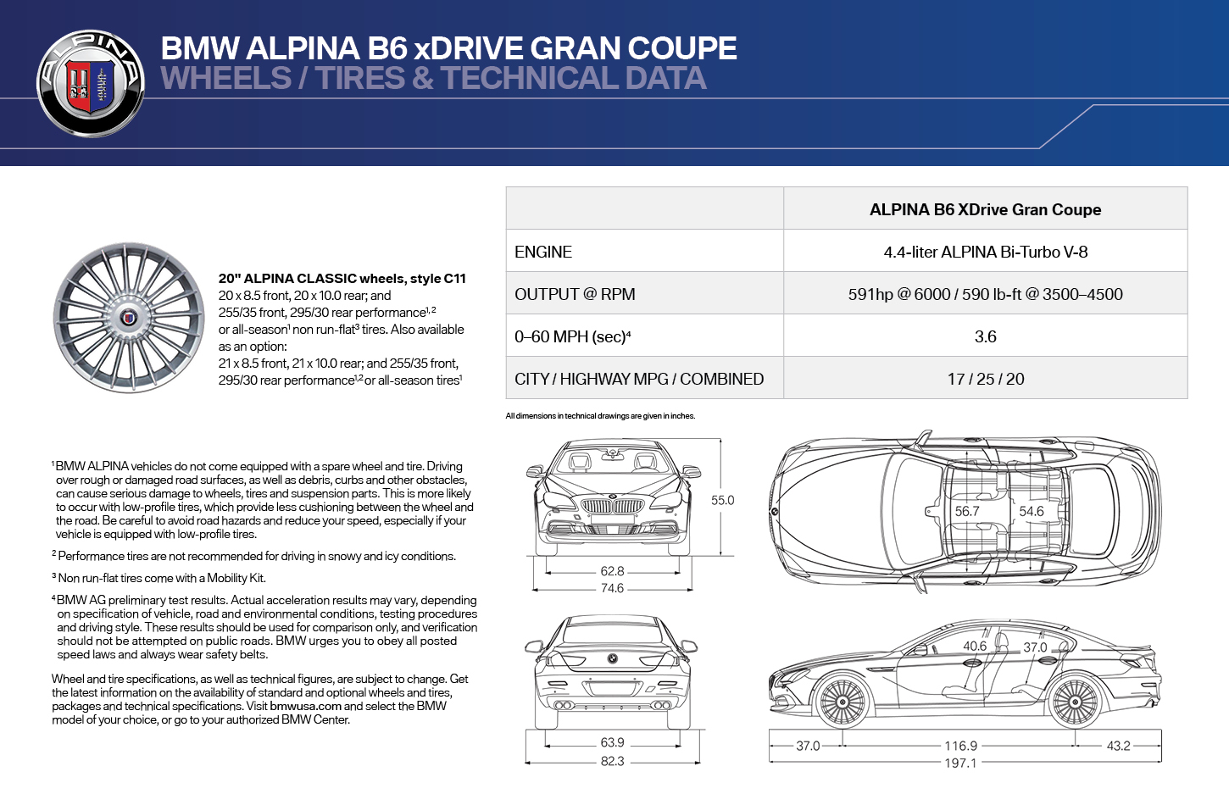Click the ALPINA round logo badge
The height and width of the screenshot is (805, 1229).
(x=91, y=83)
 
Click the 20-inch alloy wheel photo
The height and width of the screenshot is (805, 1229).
(x=129, y=318)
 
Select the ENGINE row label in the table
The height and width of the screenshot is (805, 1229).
(x=543, y=252)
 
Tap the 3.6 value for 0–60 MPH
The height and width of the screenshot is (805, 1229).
(x=986, y=336)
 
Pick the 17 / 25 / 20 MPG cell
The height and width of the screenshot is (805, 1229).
(x=986, y=379)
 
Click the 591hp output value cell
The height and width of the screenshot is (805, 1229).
(x=986, y=294)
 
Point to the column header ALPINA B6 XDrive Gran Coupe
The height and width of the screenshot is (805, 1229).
(x=986, y=209)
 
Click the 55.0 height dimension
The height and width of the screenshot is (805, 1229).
(x=723, y=500)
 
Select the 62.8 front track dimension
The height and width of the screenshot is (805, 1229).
(x=612, y=571)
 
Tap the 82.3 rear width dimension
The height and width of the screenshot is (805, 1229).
(x=612, y=761)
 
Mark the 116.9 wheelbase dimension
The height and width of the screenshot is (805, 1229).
(x=960, y=746)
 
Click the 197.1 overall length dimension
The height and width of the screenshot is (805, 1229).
(x=960, y=763)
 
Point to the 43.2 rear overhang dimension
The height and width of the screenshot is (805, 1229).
(x=1118, y=746)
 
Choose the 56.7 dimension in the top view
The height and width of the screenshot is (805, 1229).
(x=967, y=511)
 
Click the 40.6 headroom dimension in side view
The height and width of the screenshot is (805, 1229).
(x=975, y=647)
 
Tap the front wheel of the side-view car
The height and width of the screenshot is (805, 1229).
(x=841, y=702)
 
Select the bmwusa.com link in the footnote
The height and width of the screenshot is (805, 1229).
(x=306, y=706)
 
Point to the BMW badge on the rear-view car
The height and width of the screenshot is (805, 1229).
(x=612, y=658)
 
